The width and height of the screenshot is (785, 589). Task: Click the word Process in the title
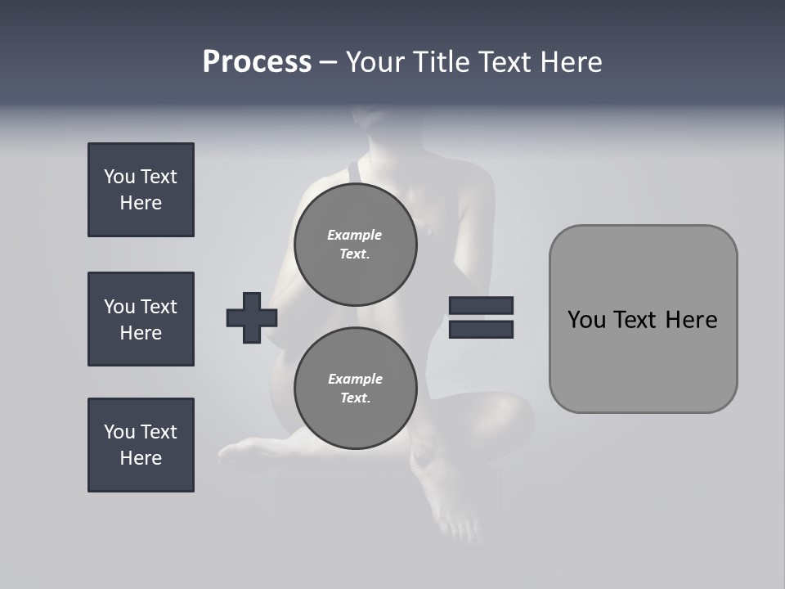click(x=257, y=62)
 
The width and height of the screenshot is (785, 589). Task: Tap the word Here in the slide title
click(x=572, y=62)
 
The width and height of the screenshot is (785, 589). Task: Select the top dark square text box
click(x=141, y=190)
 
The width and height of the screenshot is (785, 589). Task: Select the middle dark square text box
click(x=141, y=319)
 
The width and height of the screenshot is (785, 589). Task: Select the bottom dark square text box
click(x=141, y=445)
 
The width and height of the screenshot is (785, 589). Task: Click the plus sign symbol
click(x=252, y=317)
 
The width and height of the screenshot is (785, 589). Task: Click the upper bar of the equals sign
click(x=481, y=305)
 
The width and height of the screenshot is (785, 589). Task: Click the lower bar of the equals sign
click(x=481, y=329)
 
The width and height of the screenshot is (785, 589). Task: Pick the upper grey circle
click(x=355, y=244)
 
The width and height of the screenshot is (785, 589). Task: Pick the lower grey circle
click(x=355, y=388)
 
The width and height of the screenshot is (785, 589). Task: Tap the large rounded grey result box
click(x=643, y=360)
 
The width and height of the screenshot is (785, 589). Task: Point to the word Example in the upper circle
click(x=355, y=235)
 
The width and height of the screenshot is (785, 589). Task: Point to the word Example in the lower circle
click(x=355, y=379)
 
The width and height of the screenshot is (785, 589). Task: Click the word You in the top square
click(x=119, y=177)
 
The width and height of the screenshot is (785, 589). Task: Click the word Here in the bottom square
click(x=141, y=458)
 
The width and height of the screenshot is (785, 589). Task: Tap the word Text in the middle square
click(x=159, y=307)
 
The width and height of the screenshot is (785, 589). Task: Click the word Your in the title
click(x=374, y=62)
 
